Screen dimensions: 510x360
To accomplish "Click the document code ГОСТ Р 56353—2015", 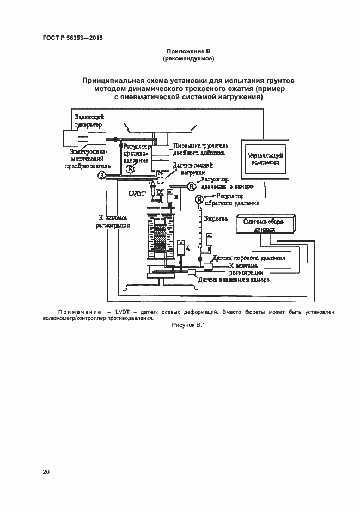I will coord(72,38).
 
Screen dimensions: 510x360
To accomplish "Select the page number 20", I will coord(46,472).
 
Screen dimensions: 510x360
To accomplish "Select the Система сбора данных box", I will coord(265,224).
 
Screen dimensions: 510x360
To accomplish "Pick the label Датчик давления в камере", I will coord(234,281).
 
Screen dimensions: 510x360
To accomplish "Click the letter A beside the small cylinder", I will coord(187,248).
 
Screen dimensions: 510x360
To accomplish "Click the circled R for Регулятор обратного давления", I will coord(199,201).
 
